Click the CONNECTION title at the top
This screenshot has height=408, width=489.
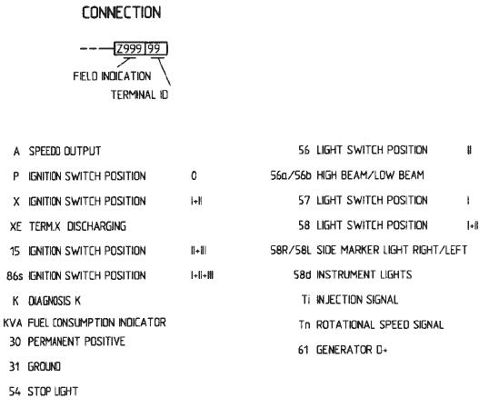tap(121, 13)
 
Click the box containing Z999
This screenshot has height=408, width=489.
tap(130, 49)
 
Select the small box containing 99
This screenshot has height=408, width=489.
tap(156, 49)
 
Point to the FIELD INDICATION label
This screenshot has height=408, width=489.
tap(112, 76)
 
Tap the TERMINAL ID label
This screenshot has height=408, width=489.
tap(139, 95)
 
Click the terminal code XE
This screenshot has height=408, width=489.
tap(15, 226)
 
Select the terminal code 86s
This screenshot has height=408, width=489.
tap(15, 276)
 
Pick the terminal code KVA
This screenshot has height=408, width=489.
tap(13, 323)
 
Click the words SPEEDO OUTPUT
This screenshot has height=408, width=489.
tap(65, 151)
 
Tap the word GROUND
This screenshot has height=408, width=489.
tap(44, 366)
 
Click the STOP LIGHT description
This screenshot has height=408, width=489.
tap(53, 392)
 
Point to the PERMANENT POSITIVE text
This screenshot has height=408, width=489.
tap(76, 342)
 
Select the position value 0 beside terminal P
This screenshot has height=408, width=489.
tap(194, 175)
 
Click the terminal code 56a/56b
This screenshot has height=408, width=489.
tap(291, 175)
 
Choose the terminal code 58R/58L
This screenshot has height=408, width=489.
tap(291, 250)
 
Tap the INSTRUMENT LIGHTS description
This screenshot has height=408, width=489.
tap(364, 274)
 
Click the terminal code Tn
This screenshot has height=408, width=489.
tap(304, 324)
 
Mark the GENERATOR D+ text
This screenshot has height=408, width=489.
tap(352, 350)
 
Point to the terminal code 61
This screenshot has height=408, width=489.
tap(304, 350)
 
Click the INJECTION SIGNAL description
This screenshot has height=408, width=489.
tap(357, 300)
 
